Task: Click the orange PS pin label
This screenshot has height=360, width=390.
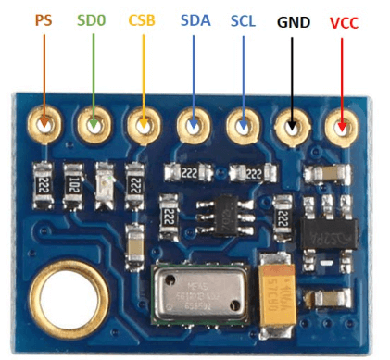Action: click(42, 19)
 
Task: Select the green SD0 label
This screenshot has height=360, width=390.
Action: click(91, 19)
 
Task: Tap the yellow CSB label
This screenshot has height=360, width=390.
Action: click(143, 19)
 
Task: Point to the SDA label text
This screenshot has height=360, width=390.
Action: click(195, 19)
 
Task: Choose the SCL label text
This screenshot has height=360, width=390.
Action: click(244, 19)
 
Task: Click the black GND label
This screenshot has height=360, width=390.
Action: click(294, 19)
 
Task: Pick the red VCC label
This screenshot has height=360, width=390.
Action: click(345, 19)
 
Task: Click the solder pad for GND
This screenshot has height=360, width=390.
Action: click(293, 124)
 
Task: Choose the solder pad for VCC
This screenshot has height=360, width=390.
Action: click(343, 124)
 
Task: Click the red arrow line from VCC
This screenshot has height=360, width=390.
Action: click(345, 74)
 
